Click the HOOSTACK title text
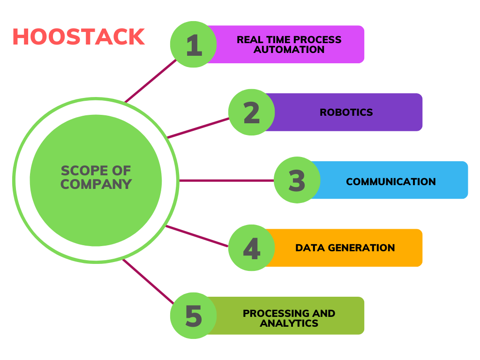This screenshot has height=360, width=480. point(78,37)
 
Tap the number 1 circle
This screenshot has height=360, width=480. point(193,45)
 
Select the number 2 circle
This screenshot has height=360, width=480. point(252,112)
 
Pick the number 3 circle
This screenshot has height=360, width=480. point(297,180)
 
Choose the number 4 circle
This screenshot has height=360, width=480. point(252,248)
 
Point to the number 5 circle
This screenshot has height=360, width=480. point(193,315)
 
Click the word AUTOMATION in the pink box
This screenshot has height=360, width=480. point(289,50)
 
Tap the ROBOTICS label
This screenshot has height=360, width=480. point(346,112)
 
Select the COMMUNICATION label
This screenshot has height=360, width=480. point(391,181)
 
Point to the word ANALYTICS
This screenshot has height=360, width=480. point(289,323)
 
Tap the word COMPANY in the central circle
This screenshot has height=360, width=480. point(96,185)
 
